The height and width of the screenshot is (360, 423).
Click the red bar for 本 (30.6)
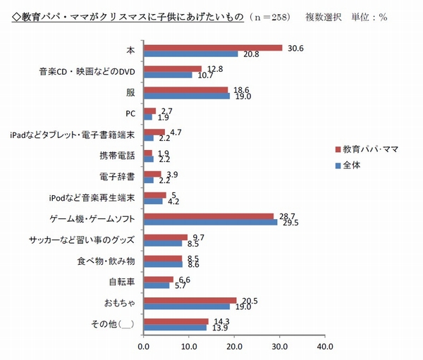point(212,48)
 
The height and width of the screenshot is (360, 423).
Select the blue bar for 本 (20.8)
point(190,54)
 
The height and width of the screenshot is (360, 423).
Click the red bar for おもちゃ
point(190,300)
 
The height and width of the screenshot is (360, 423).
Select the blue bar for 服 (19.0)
point(186,95)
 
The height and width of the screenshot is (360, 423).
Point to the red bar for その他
point(176,321)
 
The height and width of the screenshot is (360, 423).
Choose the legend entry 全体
point(355,166)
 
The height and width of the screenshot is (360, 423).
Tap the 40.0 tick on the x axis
point(324,346)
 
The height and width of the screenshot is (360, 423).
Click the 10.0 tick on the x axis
point(189,346)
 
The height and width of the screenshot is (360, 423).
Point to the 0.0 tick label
point(144,346)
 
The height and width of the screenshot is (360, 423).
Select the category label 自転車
point(123,281)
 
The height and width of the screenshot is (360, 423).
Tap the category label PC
point(130,113)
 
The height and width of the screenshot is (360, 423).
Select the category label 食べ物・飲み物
point(106,261)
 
